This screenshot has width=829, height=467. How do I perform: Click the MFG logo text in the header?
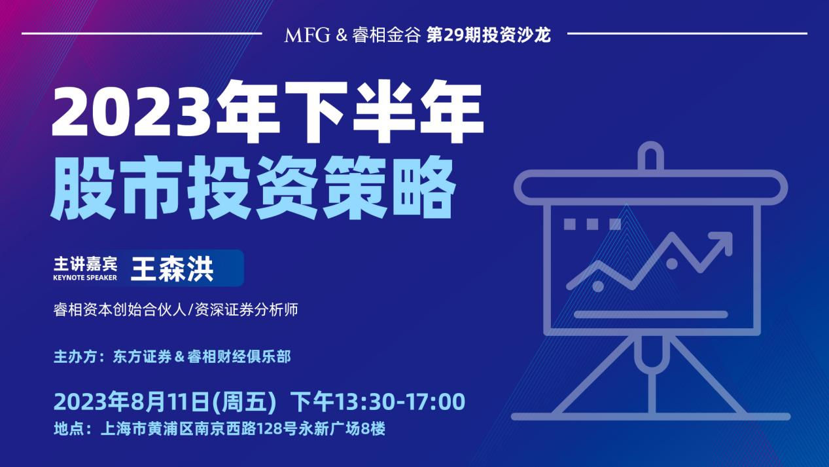(307, 35)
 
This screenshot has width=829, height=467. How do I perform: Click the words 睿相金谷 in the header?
(387, 35)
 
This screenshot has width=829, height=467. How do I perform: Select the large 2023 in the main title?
(132, 111)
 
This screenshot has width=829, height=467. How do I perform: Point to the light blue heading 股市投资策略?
(253, 188)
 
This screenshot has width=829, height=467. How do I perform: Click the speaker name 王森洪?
(172, 269)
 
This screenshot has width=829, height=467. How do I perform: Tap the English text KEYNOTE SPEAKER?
(85, 278)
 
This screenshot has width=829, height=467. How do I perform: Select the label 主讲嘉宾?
(85, 264)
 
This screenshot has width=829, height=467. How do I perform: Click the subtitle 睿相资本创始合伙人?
(120, 310)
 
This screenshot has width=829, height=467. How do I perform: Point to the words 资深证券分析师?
(246, 310)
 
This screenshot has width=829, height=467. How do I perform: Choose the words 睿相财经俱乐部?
(239, 357)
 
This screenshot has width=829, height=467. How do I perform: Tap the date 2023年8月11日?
(132, 402)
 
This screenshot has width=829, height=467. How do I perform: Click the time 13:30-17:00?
(401, 402)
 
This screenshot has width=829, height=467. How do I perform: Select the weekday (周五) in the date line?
(244, 402)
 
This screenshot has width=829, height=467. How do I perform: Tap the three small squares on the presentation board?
(592, 224)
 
